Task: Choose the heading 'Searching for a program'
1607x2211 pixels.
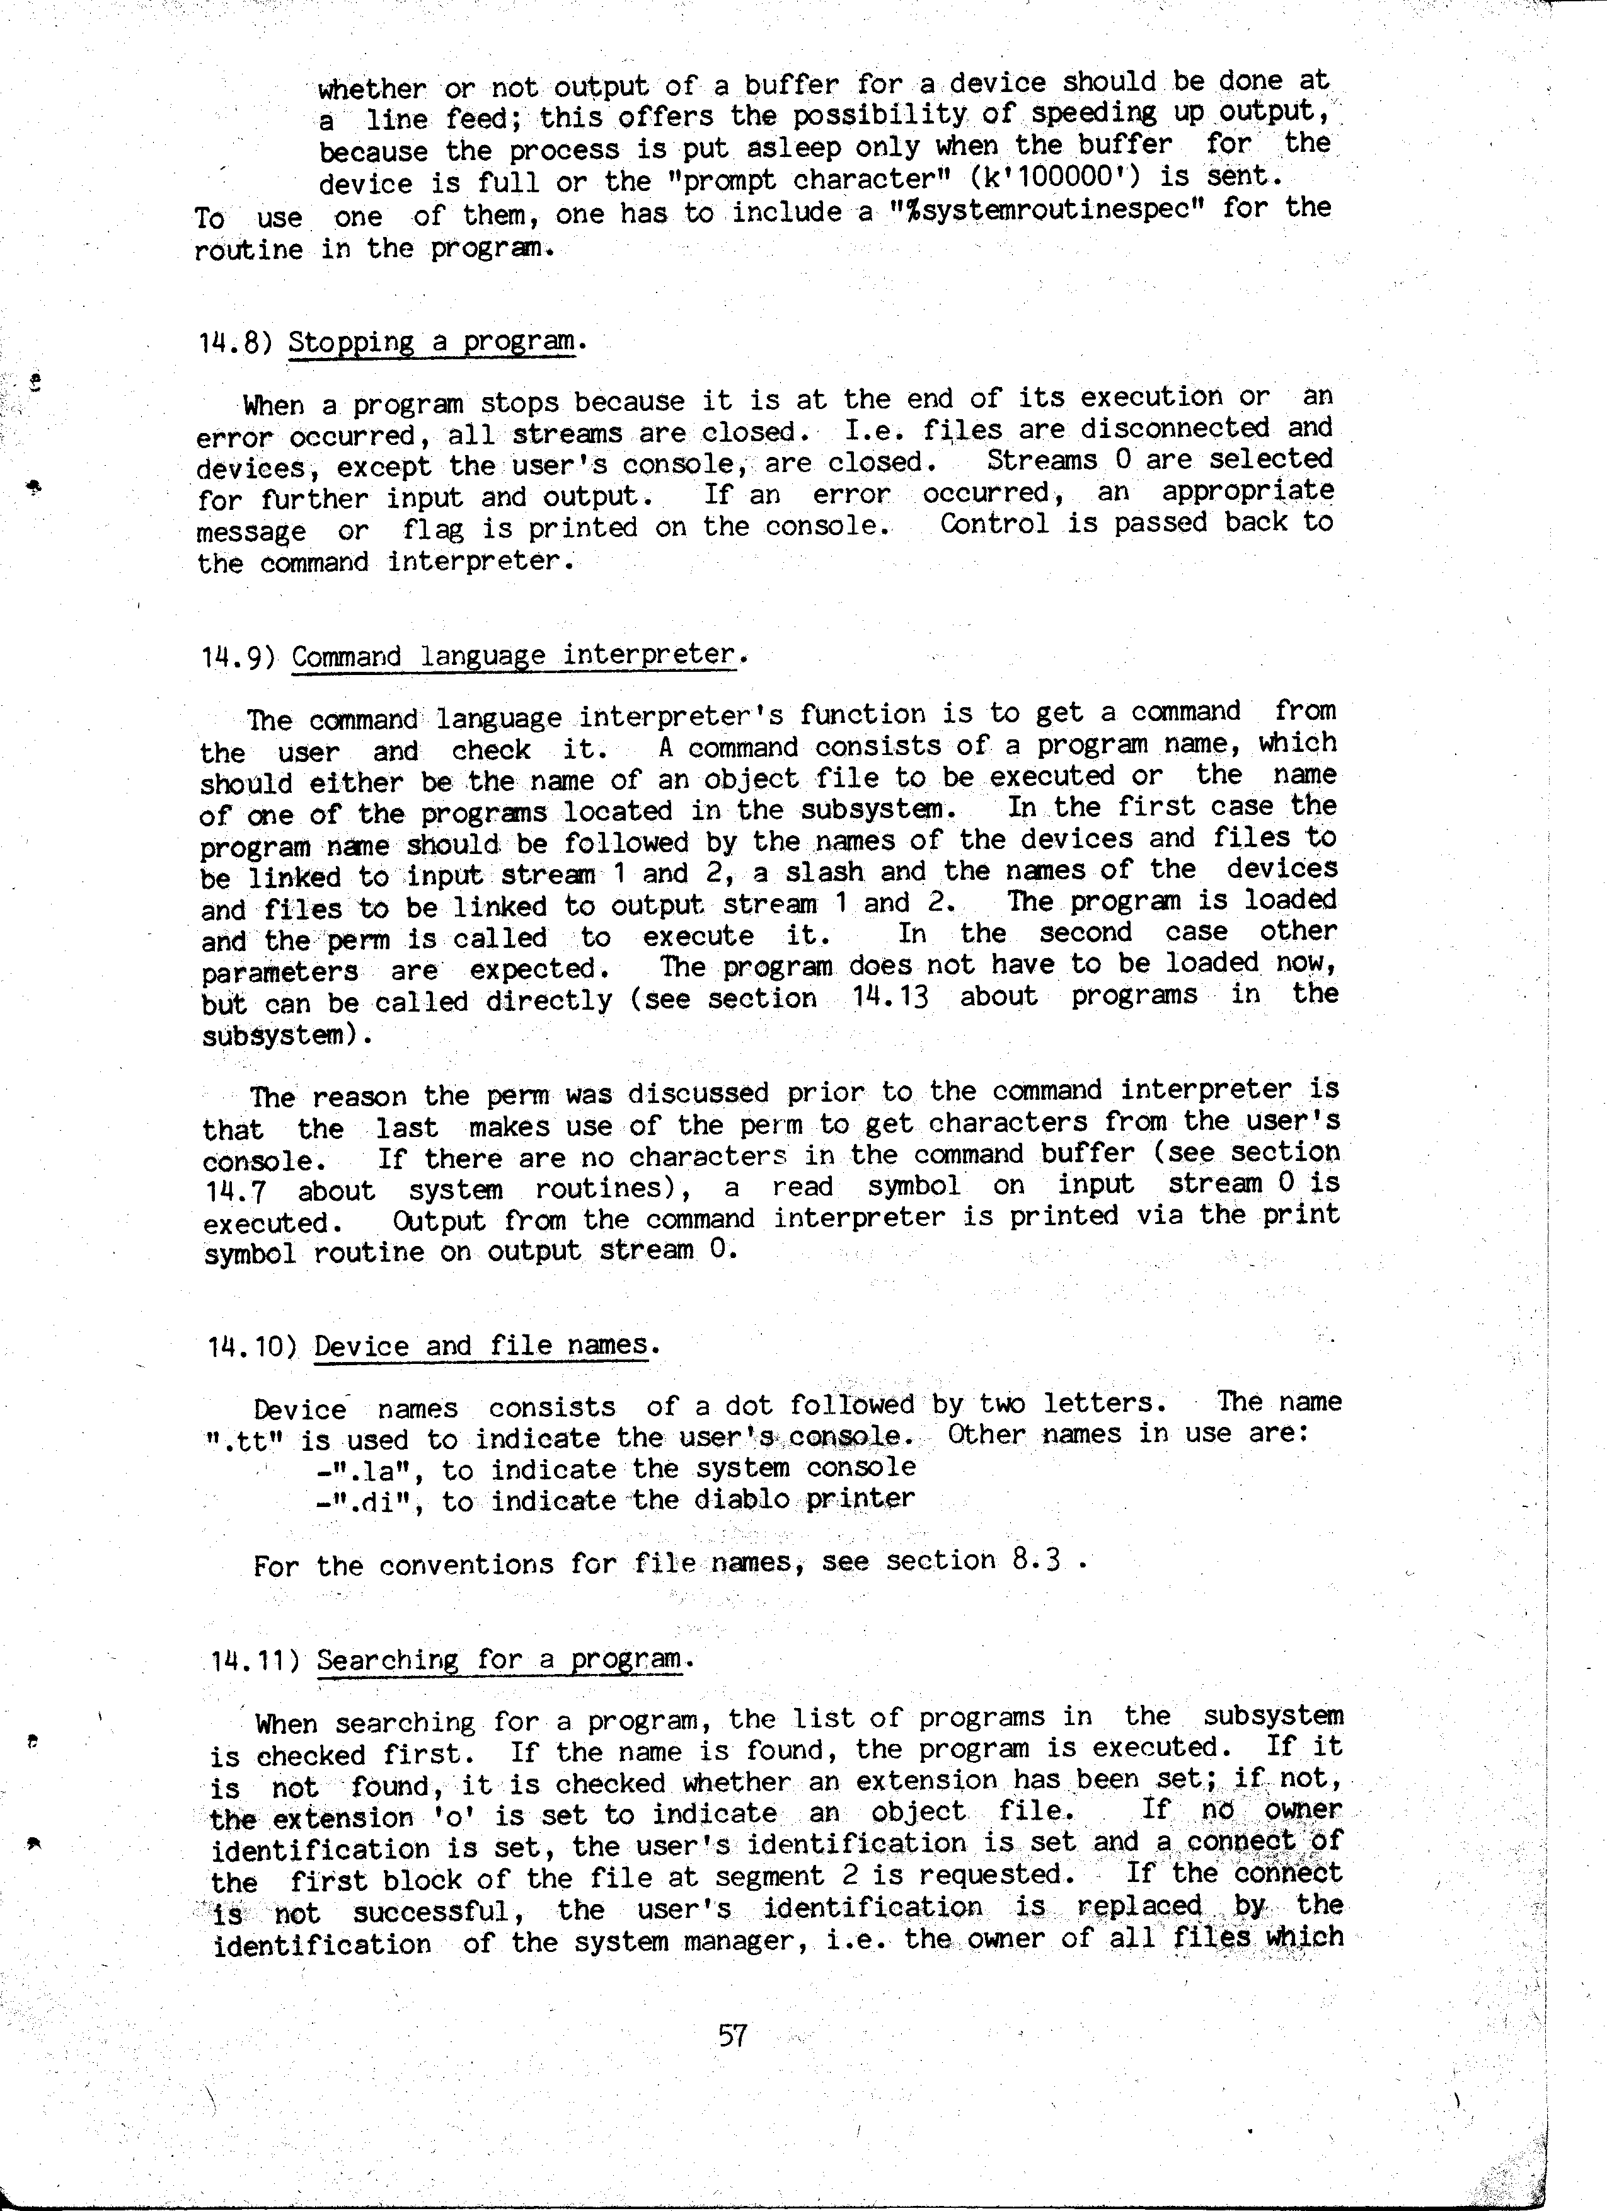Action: pyautogui.click(x=498, y=1660)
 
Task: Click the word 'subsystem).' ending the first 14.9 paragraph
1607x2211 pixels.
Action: pyautogui.click(x=287, y=1034)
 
